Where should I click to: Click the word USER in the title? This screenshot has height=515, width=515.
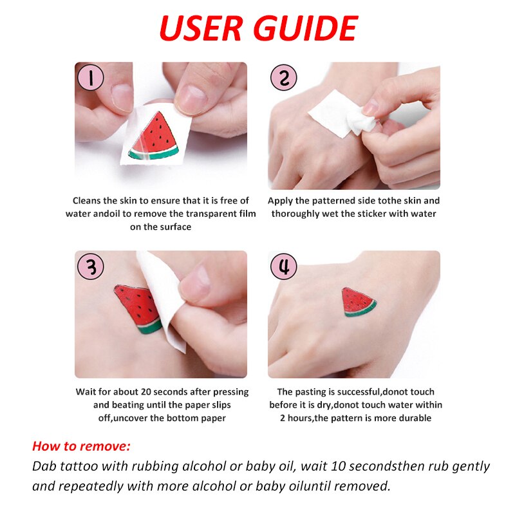click(201, 28)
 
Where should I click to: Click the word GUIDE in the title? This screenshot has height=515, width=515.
click(306, 28)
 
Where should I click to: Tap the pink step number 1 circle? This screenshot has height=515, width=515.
click(90, 77)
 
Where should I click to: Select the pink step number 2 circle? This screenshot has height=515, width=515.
click(283, 77)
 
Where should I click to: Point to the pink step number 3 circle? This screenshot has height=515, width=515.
click(90, 266)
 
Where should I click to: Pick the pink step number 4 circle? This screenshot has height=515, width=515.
click(283, 266)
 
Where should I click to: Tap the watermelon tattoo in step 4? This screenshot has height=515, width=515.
click(358, 302)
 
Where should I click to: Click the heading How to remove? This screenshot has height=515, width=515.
click(82, 446)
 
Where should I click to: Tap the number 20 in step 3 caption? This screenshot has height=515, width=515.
click(146, 392)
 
